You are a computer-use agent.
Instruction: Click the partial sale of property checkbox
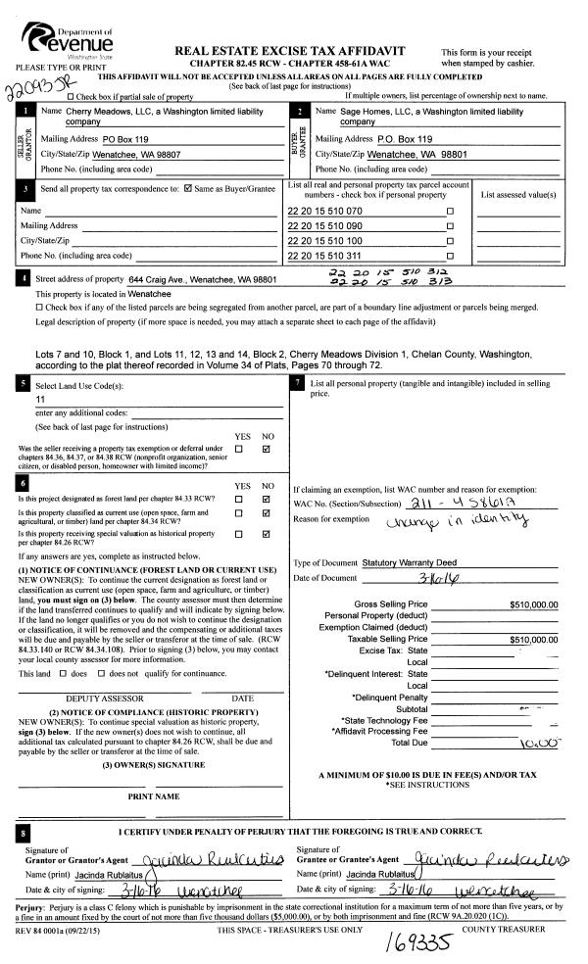tap(70, 96)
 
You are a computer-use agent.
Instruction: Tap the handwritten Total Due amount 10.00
tap(539, 716)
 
